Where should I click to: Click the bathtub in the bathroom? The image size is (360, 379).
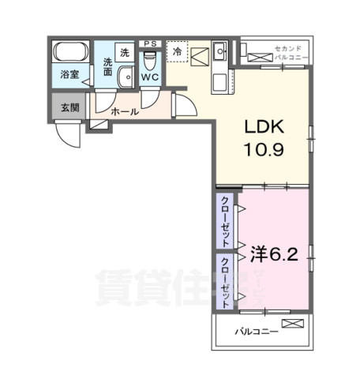pyautogui.click(x=70, y=54)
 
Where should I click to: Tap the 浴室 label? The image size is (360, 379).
pyautogui.click(x=70, y=77)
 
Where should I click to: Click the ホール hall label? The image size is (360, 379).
pyautogui.click(x=126, y=112)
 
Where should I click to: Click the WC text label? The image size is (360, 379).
pyautogui.click(x=150, y=77)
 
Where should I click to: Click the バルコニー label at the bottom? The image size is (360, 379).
pyautogui.click(x=256, y=332)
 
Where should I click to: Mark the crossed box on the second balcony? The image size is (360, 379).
pyautogui.click(x=259, y=57)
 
